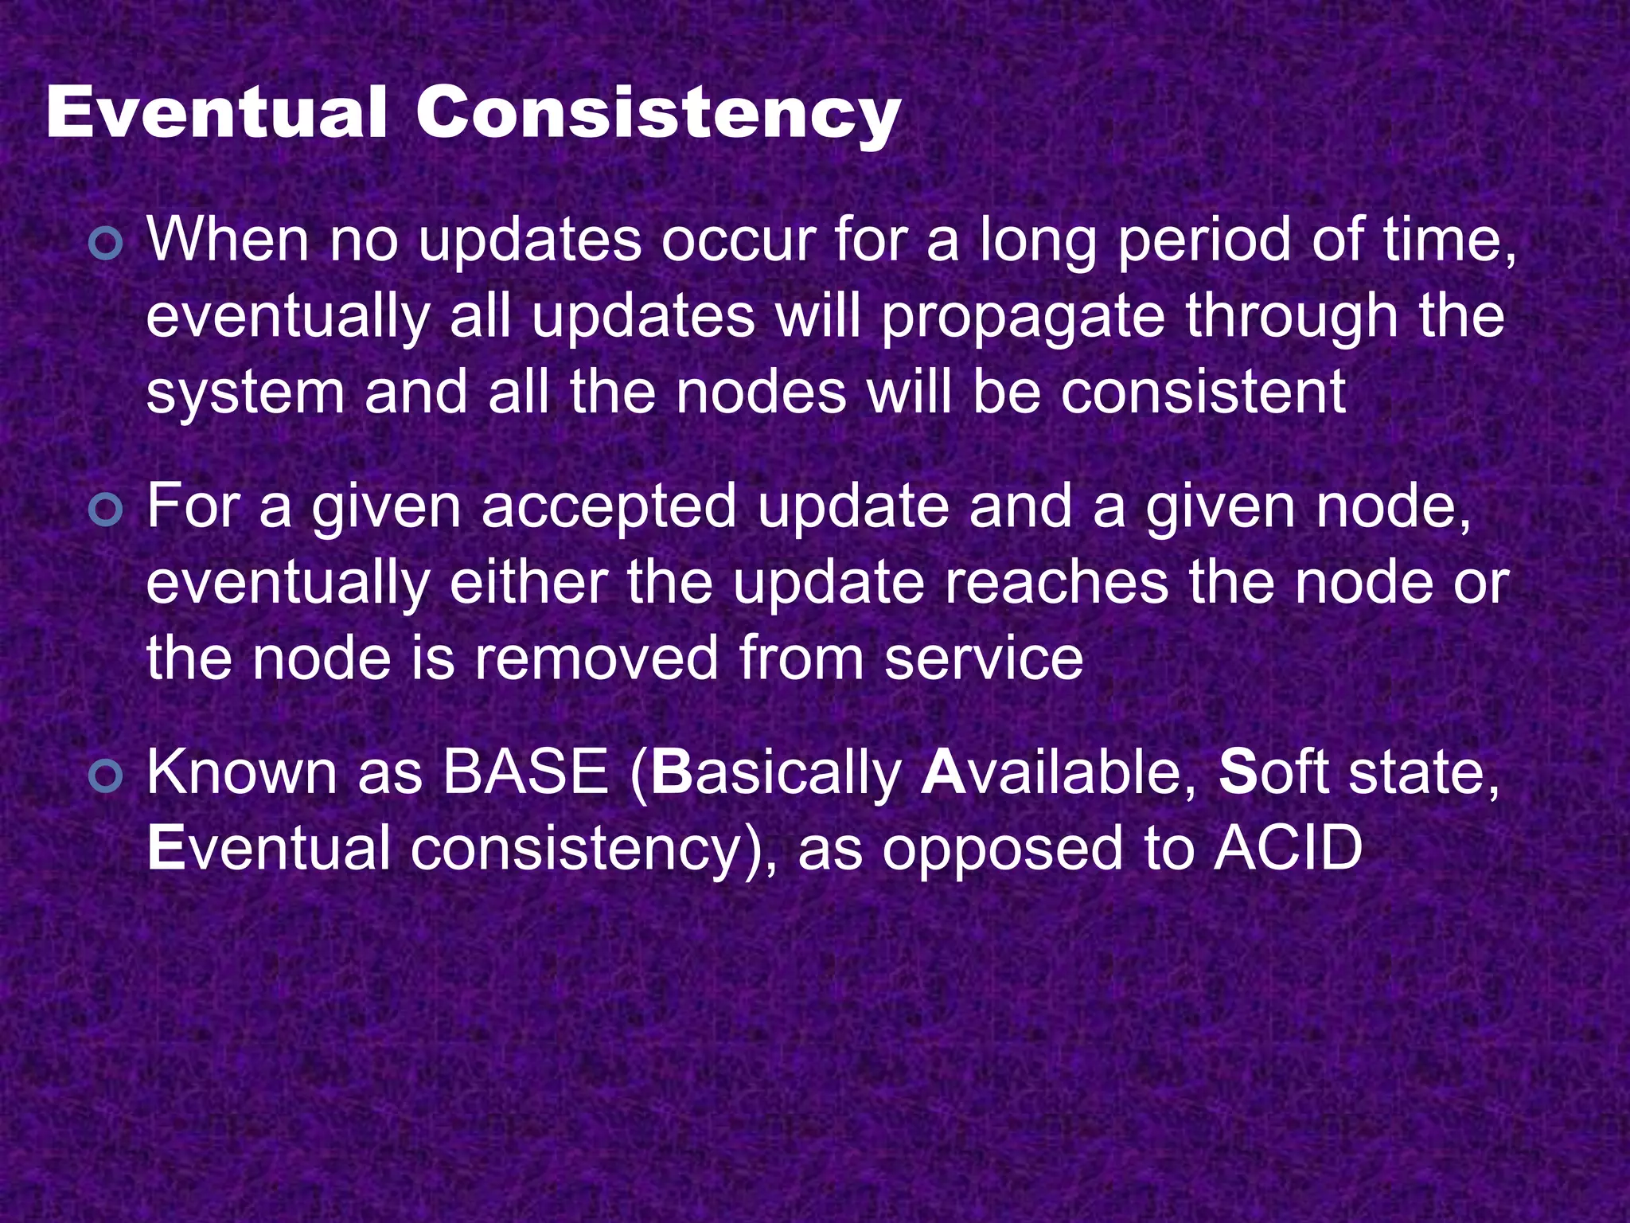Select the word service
coord(984,658)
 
